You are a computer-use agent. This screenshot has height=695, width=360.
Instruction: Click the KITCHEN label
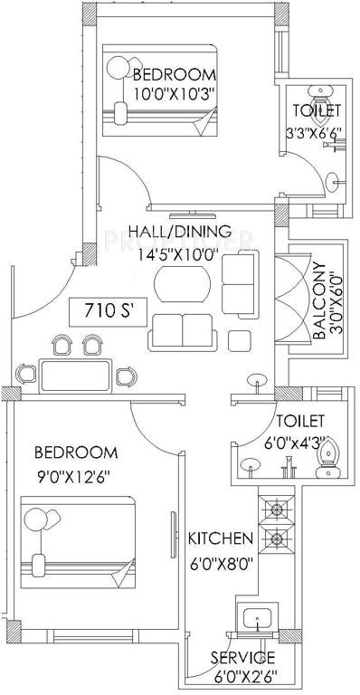pos(220,539)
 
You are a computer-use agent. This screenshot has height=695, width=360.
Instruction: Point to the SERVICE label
pos(243,657)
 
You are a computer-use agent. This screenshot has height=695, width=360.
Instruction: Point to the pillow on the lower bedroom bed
pos(37,519)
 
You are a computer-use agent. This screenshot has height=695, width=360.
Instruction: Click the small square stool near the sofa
pos(240,340)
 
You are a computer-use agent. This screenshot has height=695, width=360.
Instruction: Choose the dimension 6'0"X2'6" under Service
pos(243,674)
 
